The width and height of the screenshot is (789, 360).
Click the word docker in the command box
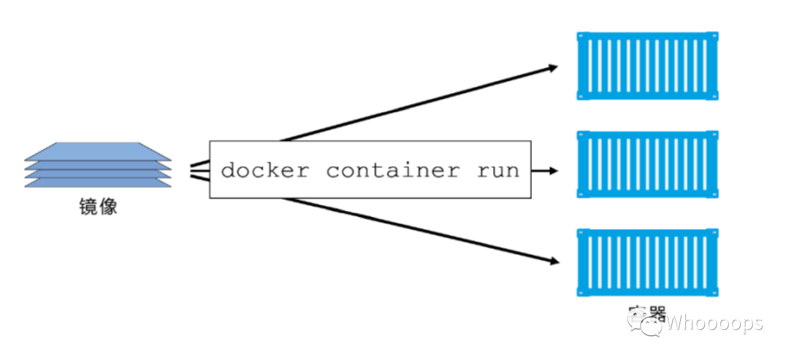pos(264,171)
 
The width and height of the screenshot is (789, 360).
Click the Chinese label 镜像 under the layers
pos(99,207)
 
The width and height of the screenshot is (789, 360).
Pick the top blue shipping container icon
pos(647,66)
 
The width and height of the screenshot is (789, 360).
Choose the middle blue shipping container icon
pos(647,164)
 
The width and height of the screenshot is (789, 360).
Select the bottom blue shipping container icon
pos(647,263)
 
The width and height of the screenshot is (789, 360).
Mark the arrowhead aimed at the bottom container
pos(553,261)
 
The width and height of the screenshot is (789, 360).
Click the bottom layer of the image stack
pos(99,183)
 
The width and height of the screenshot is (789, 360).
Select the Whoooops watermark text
pos(714,322)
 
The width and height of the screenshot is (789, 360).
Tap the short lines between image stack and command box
pos(199,170)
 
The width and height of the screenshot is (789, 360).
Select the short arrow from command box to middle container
pos(544,171)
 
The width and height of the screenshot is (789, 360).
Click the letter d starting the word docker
pos(228,171)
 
